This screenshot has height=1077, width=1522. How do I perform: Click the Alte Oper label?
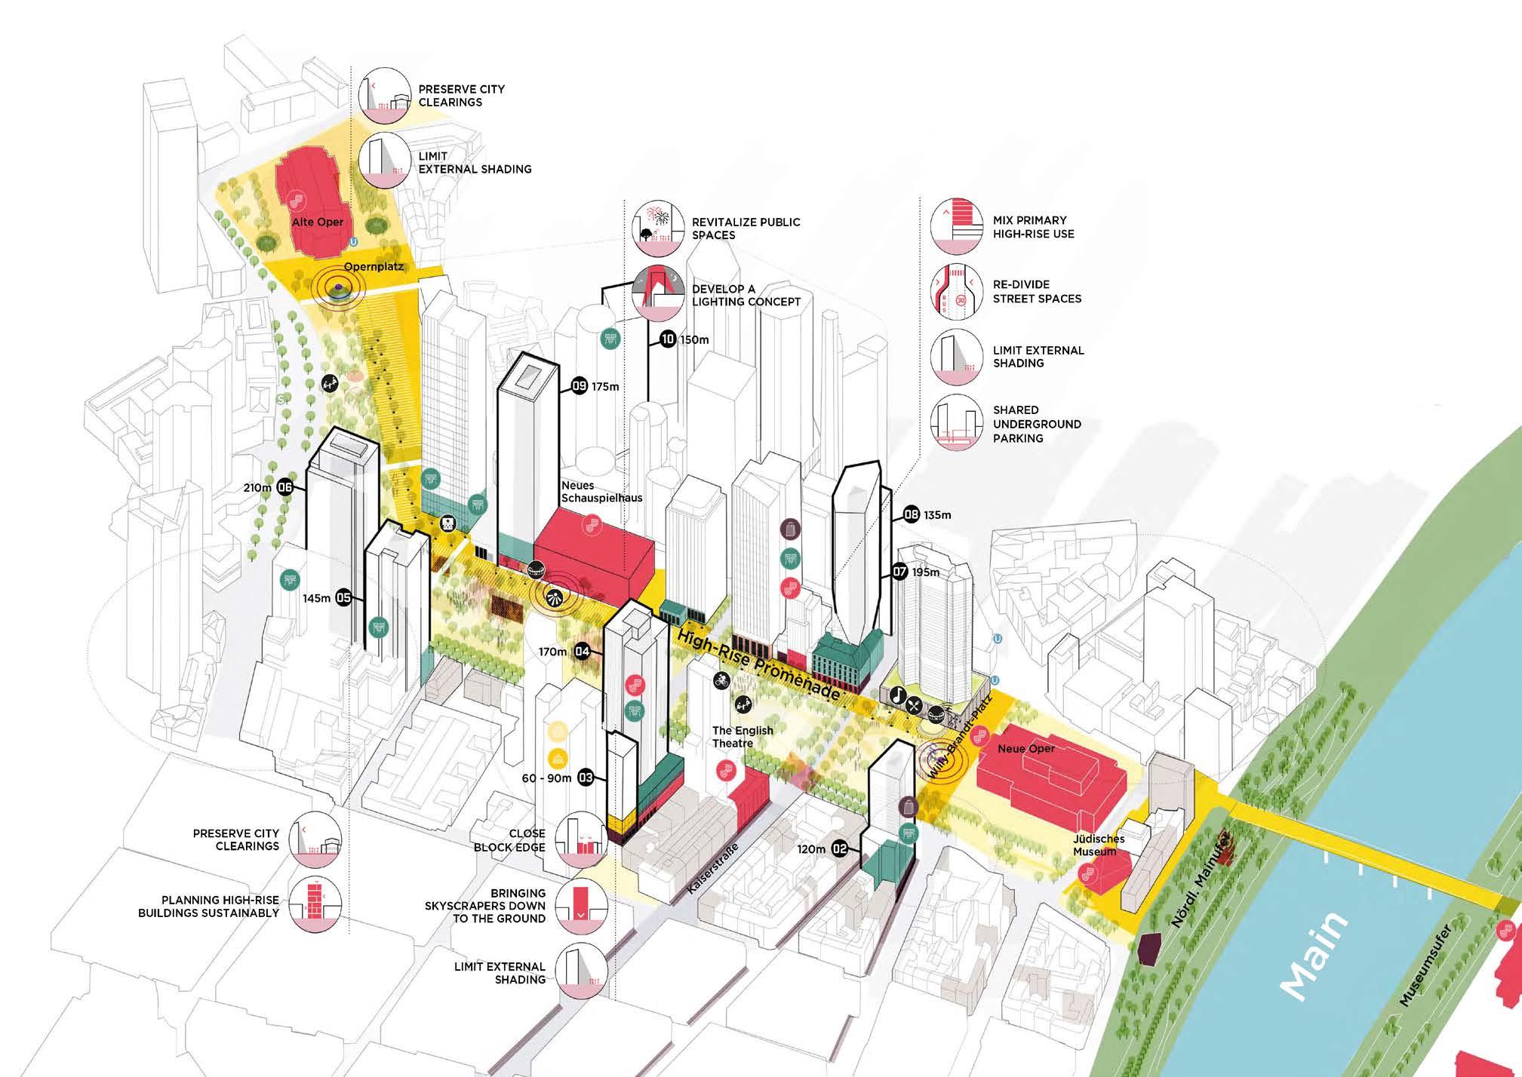318,222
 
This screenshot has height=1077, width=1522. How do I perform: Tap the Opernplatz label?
374,267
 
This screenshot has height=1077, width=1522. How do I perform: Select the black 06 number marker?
285,487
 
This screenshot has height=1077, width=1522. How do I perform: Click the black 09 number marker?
580,386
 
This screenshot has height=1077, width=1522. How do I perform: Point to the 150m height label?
694,339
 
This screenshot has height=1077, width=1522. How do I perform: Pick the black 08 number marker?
912,515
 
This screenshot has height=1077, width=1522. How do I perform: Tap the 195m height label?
926,572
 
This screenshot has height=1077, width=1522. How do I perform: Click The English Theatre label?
743,736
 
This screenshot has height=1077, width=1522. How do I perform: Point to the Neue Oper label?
1025,748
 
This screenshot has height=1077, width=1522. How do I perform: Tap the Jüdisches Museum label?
1099,845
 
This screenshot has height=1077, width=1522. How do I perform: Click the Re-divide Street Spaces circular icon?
955,292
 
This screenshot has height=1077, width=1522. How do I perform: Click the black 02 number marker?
840,849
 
